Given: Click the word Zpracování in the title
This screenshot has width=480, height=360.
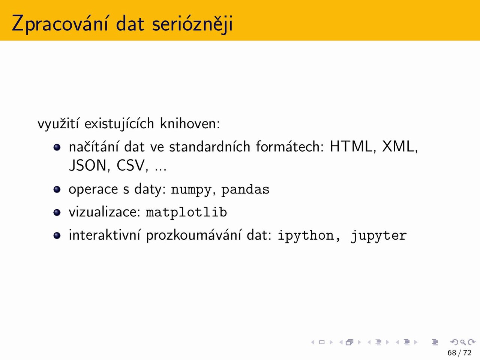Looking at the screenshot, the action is pyautogui.click(x=60, y=23).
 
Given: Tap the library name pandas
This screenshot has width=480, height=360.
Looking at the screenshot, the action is pyautogui.click(x=245, y=189).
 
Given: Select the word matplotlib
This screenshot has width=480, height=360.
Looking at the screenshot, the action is pyautogui.click(x=186, y=212).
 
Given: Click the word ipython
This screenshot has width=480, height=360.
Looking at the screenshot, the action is pyautogui.click(x=306, y=235).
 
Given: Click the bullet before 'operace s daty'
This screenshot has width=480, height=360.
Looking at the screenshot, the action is pyautogui.click(x=57, y=189).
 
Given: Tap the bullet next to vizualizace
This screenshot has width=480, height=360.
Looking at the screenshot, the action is pyautogui.click(x=57, y=213).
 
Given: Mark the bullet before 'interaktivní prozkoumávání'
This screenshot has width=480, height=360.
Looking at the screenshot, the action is pyautogui.click(x=57, y=235).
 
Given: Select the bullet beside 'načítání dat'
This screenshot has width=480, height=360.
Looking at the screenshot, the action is pyautogui.click(x=57, y=147).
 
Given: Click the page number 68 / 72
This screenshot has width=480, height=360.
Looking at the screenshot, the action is pyautogui.click(x=459, y=353).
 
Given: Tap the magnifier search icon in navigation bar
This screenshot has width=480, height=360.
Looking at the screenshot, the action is pyautogui.click(x=463, y=342).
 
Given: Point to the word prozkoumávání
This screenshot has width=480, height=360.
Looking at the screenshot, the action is pyautogui.click(x=194, y=235).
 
